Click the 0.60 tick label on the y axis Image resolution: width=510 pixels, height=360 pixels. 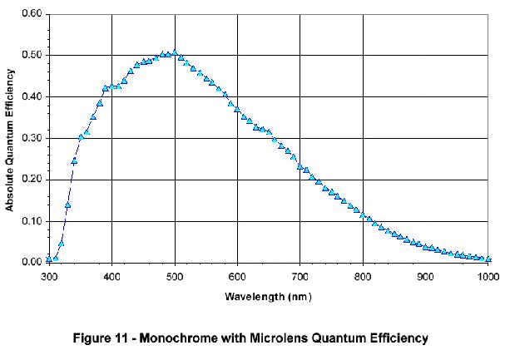point(31,14)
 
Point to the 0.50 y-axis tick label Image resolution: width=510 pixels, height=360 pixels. point(31,56)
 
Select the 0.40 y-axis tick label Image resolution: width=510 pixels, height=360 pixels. point(31,97)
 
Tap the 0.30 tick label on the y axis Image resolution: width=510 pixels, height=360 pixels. point(31,139)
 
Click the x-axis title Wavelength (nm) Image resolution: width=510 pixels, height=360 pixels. point(268,295)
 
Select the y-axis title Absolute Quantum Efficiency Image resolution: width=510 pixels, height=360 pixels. point(10,138)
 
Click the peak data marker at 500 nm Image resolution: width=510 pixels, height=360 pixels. point(174,52)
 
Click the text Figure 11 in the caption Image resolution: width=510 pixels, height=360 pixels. point(111,338)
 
